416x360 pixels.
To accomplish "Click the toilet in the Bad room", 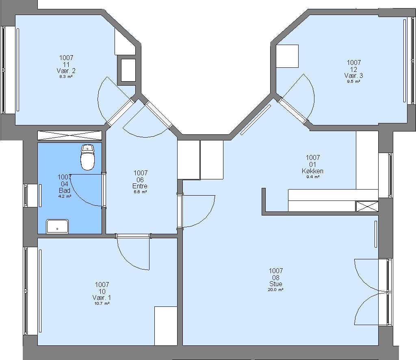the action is click(87, 157).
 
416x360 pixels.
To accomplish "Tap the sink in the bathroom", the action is click(57, 226).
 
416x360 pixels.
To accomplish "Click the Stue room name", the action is click(276, 284).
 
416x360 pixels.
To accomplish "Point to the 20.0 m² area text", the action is click(276, 290).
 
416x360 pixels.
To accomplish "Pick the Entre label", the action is click(140, 186).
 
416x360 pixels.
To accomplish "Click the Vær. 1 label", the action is click(102, 298).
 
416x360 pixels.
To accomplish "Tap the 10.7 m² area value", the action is click(102, 304).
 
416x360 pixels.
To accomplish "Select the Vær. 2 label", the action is click(66, 71).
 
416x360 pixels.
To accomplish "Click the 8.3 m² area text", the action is click(66, 77).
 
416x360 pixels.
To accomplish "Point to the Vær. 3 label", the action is click(354, 75).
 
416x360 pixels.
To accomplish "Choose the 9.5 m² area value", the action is click(354, 82).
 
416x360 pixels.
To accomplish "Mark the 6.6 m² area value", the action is click(140, 192).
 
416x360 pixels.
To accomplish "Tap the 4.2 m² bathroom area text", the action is click(65, 196).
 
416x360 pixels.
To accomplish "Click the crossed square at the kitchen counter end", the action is click(367, 206).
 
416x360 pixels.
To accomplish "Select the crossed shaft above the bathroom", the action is click(69, 135).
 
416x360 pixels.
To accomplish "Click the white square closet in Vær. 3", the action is click(287, 56).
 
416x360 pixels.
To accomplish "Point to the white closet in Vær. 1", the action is click(166, 326).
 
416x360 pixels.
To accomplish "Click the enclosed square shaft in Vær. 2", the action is click(128, 70).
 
